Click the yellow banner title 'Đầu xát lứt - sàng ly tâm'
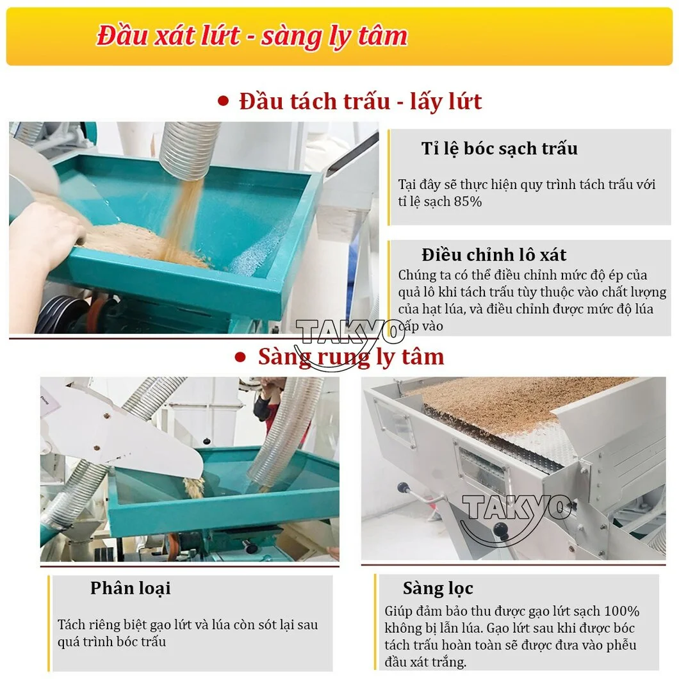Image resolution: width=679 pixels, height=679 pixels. click(x=252, y=35)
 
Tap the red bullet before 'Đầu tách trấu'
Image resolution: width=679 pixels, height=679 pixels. click(x=223, y=101)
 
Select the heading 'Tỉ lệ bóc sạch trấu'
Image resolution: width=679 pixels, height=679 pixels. click(x=499, y=149)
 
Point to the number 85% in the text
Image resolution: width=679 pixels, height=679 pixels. click(x=468, y=201)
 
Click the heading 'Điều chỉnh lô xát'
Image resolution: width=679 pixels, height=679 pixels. click(x=494, y=255)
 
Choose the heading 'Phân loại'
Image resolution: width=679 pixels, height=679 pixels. click(x=130, y=588)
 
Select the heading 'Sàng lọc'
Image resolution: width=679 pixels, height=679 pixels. click(x=438, y=588)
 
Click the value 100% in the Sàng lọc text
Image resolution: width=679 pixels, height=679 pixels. click(x=622, y=611)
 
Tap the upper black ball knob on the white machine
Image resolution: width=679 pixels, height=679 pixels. click(x=404, y=488)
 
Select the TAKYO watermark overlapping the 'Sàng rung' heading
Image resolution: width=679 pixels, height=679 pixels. click(x=349, y=342)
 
